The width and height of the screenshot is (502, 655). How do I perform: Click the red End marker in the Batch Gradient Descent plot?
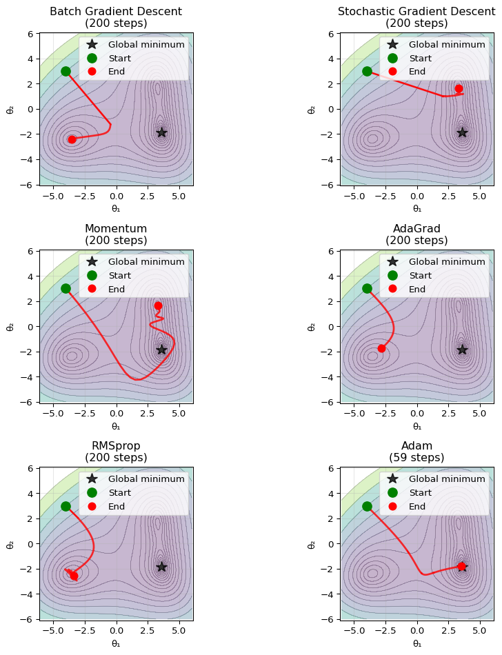[72, 139]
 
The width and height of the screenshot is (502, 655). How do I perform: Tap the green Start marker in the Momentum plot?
[66, 288]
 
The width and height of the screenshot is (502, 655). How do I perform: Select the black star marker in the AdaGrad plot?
[462, 350]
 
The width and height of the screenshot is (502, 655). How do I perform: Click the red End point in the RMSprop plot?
[74, 576]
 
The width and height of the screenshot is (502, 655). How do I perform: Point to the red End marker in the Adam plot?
[461, 567]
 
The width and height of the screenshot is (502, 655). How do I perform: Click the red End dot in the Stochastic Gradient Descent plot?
[459, 88]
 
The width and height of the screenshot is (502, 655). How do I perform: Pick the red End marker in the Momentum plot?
[158, 305]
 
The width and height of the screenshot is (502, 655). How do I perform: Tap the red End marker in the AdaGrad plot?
[381, 348]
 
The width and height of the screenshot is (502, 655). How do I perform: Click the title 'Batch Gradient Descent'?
[116, 11]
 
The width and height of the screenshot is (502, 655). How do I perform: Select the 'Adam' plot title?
[416, 445]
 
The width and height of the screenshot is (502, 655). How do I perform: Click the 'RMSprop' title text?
[116, 445]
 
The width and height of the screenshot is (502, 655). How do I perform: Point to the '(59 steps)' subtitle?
[416, 458]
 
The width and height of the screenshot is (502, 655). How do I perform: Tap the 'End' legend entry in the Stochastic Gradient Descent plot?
[416, 72]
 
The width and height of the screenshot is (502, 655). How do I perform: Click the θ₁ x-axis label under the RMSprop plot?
[116, 643]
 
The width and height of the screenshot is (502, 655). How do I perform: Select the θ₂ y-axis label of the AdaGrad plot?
[310, 327]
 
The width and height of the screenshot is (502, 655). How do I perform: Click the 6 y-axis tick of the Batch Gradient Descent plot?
[31, 34]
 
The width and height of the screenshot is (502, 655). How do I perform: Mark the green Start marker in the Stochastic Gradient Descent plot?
[367, 71]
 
